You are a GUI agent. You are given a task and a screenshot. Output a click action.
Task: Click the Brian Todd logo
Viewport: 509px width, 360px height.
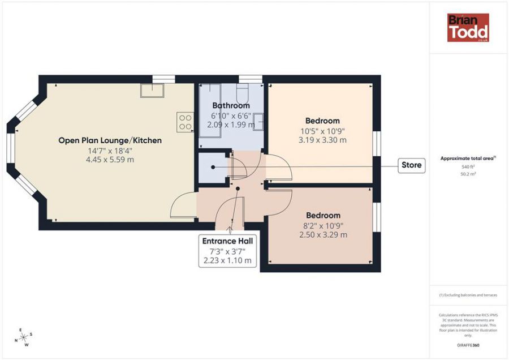468,28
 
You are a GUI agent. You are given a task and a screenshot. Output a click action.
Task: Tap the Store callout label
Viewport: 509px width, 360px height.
411,165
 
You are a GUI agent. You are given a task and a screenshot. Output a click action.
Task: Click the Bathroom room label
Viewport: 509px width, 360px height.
231,105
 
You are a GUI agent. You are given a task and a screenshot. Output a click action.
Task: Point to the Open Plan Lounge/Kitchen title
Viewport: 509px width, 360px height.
110,140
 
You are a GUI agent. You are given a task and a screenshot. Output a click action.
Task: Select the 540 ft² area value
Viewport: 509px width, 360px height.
468,168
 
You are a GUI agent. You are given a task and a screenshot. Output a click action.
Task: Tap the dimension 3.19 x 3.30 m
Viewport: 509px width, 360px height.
322,140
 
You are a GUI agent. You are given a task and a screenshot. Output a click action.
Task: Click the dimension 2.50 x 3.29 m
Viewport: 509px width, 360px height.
323,234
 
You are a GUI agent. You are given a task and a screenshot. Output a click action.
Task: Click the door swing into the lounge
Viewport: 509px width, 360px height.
182,207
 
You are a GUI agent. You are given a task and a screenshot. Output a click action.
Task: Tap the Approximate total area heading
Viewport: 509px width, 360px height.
468,158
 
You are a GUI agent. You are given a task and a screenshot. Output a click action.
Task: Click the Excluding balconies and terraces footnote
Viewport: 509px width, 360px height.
468,295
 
